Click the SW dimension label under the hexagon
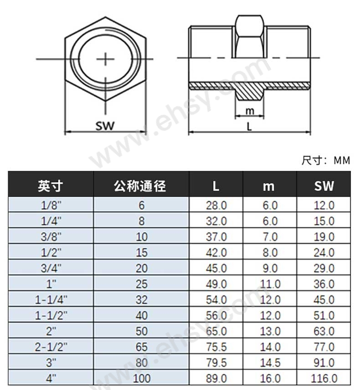pyautogui.click(x=105, y=126)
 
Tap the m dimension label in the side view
pyautogui.click(x=250, y=111)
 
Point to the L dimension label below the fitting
pyautogui.click(x=249, y=127)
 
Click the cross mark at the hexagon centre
pyautogui.click(x=105, y=59)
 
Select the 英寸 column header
pyautogui.click(x=51, y=186)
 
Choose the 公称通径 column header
pyautogui.click(x=140, y=186)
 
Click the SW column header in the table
pyautogui.click(x=324, y=186)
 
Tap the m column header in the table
pyautogui.click(x=269, y=186)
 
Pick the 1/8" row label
pyautogui.click(x=51, y=205)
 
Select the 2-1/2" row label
pyautogui.click(x=51, y=347)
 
